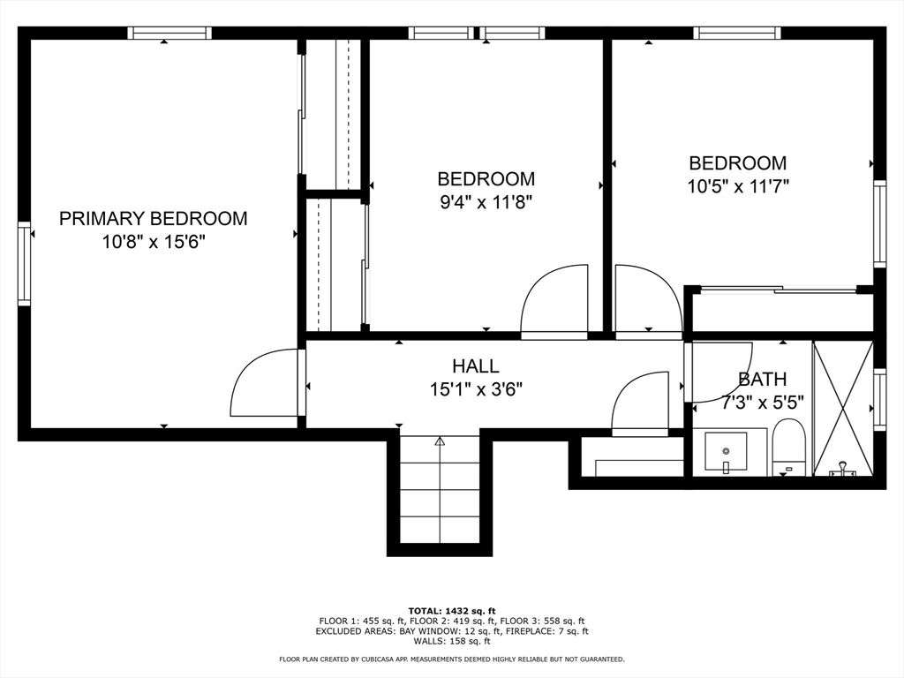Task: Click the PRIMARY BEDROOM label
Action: click(x=154, y=219)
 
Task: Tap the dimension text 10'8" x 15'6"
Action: click(x=154, y=242)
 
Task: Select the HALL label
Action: click(x=476, y=366)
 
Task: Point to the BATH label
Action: click(x=762, y=380)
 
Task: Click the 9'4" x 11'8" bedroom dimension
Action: click(x=486, y=202)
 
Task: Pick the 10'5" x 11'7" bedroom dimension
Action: click(x=738, y=186)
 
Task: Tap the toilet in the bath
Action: click(x=788, y=448)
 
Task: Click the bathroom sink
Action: click(x=726, y=453)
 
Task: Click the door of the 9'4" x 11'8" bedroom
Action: click(x=554, y=299)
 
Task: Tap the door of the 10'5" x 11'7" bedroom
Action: click(x=649, y=299)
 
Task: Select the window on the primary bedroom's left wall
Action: click(x=24, y=263)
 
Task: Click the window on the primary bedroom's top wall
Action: click(x=169, y=33)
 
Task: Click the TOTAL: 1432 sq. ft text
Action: click(x=452, y=611)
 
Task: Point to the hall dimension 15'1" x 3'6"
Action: click(x=476, y=389)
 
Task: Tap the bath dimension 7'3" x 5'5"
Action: click(x=762, y=402)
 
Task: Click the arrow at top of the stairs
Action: click(x=440, y=441)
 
